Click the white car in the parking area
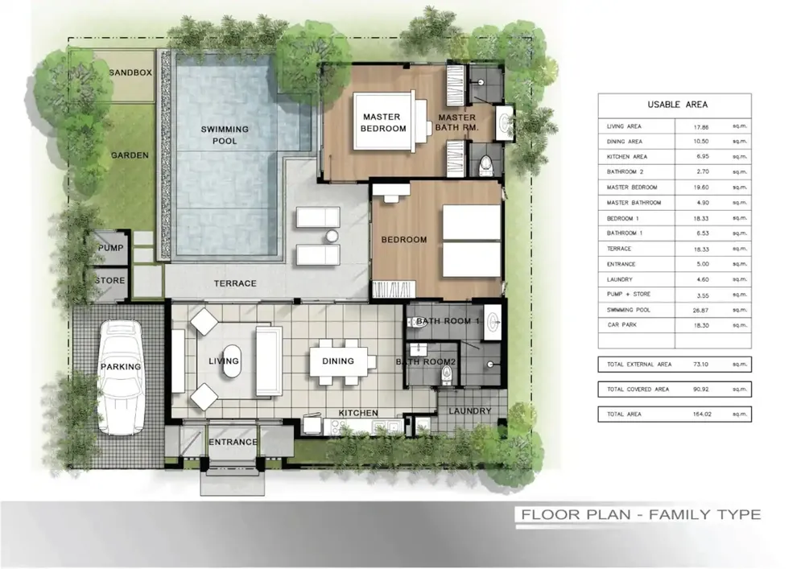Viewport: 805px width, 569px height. pyautogui.click(x=122, y=377)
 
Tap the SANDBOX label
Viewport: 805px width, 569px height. pyautogui.click(x=130, y=73)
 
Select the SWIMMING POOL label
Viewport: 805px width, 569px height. pyautogui.click(x=225, y=135)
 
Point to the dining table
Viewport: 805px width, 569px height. pyautogui.click(x=338, y=361)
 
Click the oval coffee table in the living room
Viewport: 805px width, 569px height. pyautogui.click(x=231, y=361)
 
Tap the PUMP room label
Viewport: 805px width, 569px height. pyautogui.click(x=111, y=248)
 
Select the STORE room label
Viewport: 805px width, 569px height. pyautogui.click(x=110, y=281)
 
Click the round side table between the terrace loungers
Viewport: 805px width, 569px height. pyautogui.click(x=332, y=236)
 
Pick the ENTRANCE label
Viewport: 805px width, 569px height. pyautogui.click(x=233, y=442)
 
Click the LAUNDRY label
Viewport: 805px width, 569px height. pyautogui.click(x=470, y=411)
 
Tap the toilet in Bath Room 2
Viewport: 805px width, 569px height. pyautogui.click(x=446, y=376)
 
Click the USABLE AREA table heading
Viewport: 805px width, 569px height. pyautogui.click(x=678, y=105)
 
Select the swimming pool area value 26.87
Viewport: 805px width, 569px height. pyautogui.click(x=700, y=310)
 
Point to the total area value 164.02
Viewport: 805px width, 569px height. pyautogui.click(x=701, y=414)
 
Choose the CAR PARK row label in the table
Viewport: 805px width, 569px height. pyautogui.click(x=621, y=325)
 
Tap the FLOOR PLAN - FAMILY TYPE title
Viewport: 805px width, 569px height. pyautogui.click(x=641, y=514)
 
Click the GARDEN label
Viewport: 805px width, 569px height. pyautogui.click(x=130, y=155)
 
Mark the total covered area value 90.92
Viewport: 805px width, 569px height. pyautogui.click(x=701, y=389)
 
